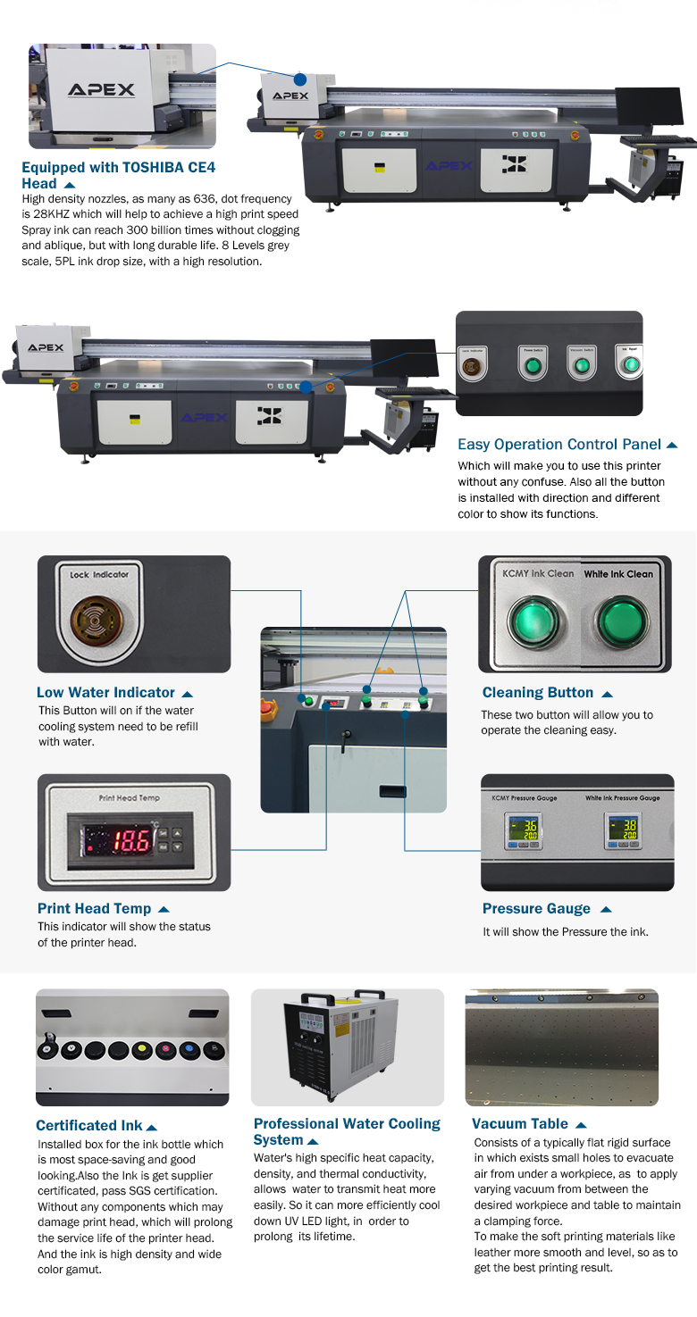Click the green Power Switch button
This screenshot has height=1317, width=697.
pyautogui.click(x=533, y=366)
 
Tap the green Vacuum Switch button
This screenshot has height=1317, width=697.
pyautogui.click(x=582, y=366)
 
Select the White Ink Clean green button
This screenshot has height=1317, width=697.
pyautogui.click(x=618, y=618)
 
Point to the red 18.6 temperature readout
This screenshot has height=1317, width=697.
pyautogui.click(x=118, y=840)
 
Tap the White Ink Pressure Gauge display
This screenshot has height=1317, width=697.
pyautogui.click(x=622, y=830)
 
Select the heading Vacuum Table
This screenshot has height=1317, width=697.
pyautogui.click(x=520, y=1124)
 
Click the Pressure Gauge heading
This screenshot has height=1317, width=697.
pyautogui.click(x=536, y=909)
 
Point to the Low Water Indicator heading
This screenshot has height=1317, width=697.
pyautogui.click(x=105, y=693)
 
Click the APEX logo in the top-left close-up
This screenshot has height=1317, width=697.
pyautogui.click(x=101, y=90)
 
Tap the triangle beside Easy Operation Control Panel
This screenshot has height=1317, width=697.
pyautogui.click(x=672, y=445)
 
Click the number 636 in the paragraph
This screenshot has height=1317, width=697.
pyautogui.click(x=216, y=198)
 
